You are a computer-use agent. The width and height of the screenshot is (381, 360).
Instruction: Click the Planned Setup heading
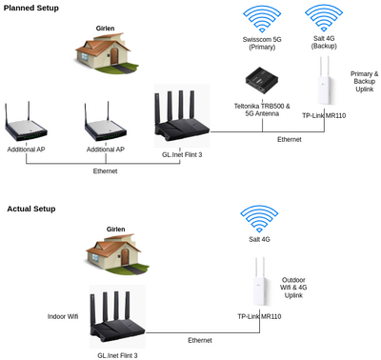click(x=31, y=8)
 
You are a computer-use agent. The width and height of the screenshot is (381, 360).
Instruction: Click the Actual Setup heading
click(x=31, y=209)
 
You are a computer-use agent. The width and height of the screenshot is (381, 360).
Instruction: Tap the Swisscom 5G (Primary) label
click(x=262, y=43)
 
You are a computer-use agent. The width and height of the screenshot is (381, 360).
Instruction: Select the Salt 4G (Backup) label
click(x=324, y=42)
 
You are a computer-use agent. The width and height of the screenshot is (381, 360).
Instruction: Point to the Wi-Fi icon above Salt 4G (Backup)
click(x=324, y=19)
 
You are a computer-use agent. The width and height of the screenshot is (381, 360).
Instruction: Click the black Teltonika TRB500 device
click(x=262, y=81)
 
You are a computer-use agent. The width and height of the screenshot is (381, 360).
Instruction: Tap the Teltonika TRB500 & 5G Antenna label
click(x=262, y=110)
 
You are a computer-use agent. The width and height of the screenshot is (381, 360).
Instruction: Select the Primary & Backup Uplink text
click(x=364, y=82)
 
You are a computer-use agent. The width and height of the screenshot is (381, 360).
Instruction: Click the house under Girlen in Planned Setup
click(x=107, y=52)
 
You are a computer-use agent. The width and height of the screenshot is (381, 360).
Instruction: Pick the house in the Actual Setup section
click(x=117, y=253)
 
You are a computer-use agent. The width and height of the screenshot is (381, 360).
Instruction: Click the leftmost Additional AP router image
click(x=26, y=122)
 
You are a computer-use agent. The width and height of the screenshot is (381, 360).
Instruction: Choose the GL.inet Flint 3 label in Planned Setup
click(x=182, y=155)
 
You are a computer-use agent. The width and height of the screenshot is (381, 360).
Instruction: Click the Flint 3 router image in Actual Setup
click(x=117, y=316)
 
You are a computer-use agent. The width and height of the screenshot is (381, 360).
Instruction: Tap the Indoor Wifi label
click(x=63, y=316)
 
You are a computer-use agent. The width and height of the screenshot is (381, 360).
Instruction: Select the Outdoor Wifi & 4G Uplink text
click(x=293, y=288)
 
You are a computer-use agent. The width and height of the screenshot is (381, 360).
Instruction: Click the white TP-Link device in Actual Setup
click(x=260, y=281)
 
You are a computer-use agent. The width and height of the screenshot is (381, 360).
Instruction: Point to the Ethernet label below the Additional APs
click(x=105, y=171)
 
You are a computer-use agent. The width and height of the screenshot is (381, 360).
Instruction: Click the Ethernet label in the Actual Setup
click(x=200, y=340)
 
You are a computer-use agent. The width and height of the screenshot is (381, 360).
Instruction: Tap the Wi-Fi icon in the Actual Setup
click(x=259, y=219)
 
